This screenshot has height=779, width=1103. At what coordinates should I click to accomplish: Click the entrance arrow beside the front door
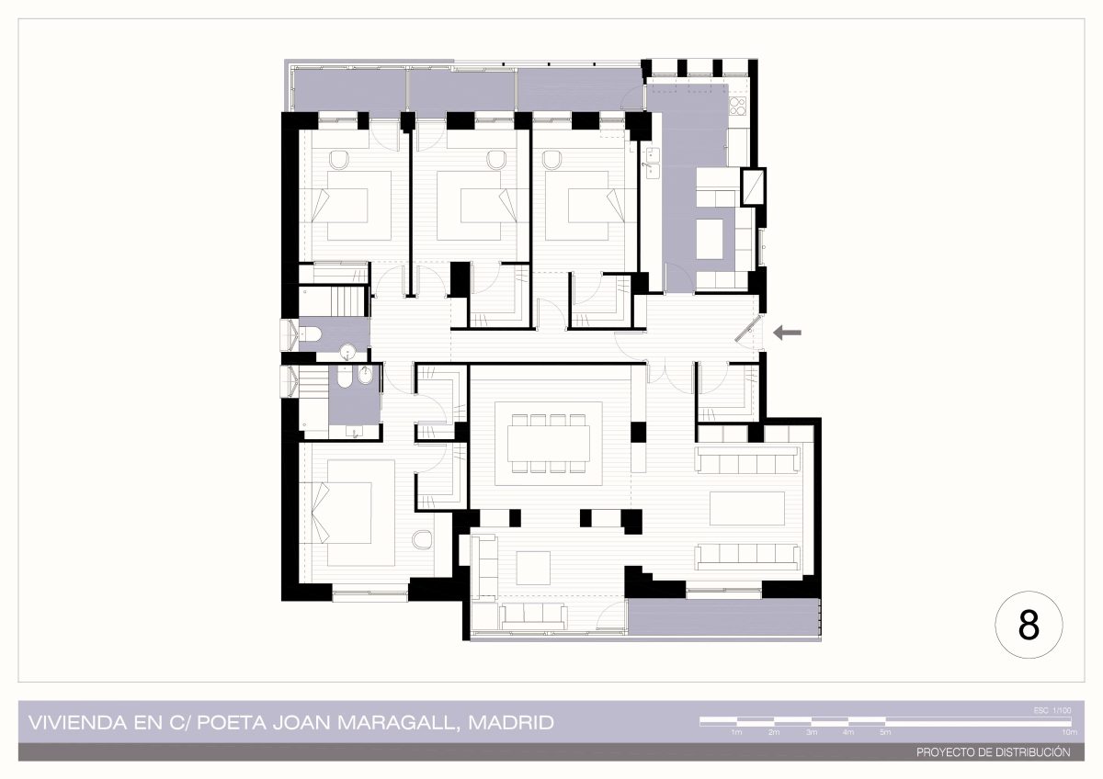787,333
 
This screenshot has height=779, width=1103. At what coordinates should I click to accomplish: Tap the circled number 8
1029,625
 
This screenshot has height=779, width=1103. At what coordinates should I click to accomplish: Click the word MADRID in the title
511,722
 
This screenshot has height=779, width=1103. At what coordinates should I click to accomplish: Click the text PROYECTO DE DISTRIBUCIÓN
994,752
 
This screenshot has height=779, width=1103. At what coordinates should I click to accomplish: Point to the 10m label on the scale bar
1070,733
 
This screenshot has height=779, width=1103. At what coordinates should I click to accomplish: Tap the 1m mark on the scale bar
736,733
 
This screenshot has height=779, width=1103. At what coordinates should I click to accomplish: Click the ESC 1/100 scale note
1052,711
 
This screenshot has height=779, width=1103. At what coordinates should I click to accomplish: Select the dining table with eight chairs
549,444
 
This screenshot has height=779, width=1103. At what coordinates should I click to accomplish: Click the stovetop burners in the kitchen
737,106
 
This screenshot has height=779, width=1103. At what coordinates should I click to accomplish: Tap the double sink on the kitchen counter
653,163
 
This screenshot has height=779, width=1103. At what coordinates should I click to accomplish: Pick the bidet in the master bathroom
365,377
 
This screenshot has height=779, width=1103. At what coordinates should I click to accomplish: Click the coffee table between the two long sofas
747,508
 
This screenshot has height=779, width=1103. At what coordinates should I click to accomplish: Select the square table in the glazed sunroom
533,568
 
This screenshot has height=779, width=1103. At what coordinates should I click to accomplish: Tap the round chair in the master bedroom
422,539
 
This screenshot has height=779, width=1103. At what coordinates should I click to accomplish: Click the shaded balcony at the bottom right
724,617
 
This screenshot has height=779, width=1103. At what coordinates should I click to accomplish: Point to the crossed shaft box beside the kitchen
754,186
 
